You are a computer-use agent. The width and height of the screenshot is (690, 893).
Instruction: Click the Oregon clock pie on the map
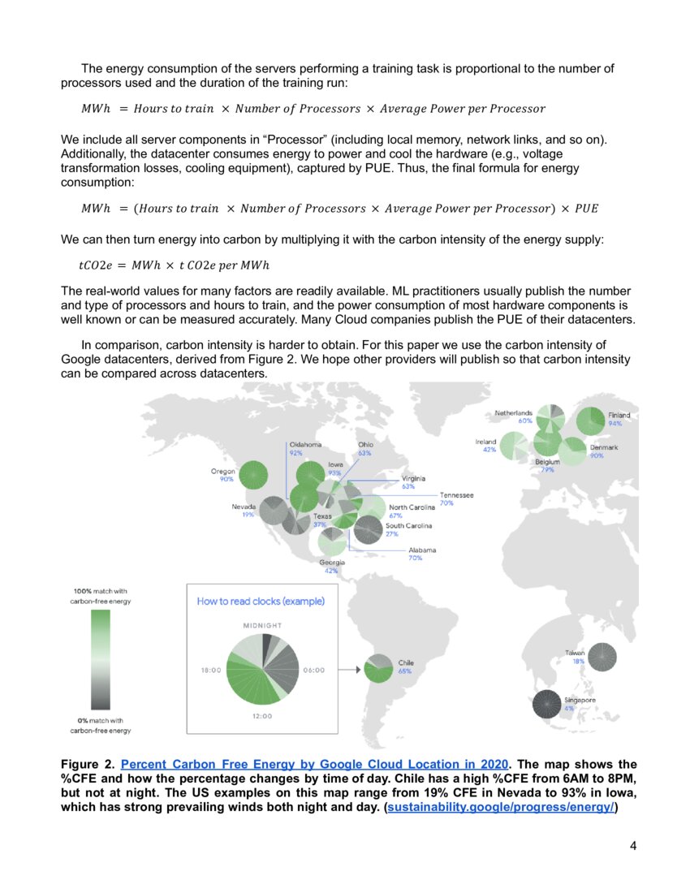[255, 475]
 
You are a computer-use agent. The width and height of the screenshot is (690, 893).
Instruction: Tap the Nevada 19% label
[244, 511]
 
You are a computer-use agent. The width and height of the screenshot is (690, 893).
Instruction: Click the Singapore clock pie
[550, 703]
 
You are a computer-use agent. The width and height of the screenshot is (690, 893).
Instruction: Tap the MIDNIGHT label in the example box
[262, 626]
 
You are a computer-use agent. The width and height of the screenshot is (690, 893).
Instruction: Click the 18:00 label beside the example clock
[212, 671]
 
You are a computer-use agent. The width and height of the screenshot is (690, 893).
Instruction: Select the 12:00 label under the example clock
[262, 716]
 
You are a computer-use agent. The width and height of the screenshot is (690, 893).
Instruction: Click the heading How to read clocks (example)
[261, 602]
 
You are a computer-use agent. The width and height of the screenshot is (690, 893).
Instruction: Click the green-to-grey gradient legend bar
[101, 660]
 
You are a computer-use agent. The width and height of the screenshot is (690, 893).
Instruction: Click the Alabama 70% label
[421, 554]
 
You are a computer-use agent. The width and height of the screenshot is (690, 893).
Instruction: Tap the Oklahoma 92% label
[305, 448]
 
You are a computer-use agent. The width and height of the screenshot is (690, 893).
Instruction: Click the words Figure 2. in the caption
[88, 765]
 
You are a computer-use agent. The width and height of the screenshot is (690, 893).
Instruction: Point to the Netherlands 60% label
[514, 416]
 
